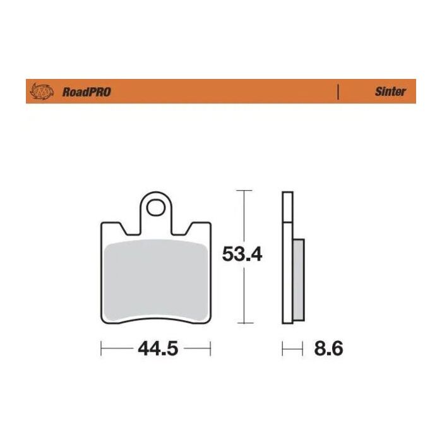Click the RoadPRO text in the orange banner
click(87, 92)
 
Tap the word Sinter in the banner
click(391, 92)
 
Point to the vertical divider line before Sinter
click(339, 92)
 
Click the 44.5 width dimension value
click(155, 349)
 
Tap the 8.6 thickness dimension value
click(328, 349)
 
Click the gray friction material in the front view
click(155, 281)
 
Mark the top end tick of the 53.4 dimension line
click(244, 189)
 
